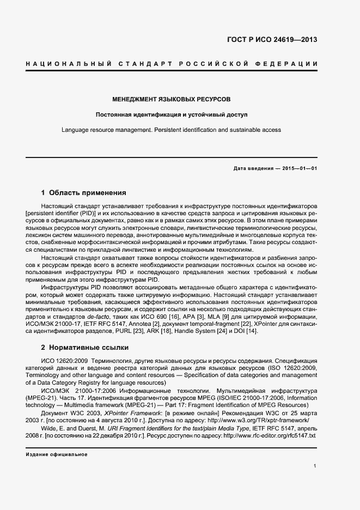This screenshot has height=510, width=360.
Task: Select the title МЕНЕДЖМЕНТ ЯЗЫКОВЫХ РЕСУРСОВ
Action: point(171,100)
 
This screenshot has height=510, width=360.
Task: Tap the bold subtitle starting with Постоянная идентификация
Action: point(171,115)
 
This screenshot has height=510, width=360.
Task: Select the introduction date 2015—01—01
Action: point(300,168)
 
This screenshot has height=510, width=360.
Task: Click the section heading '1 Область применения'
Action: point(84,192)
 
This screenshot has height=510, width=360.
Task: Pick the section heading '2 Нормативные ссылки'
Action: point(84,347)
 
